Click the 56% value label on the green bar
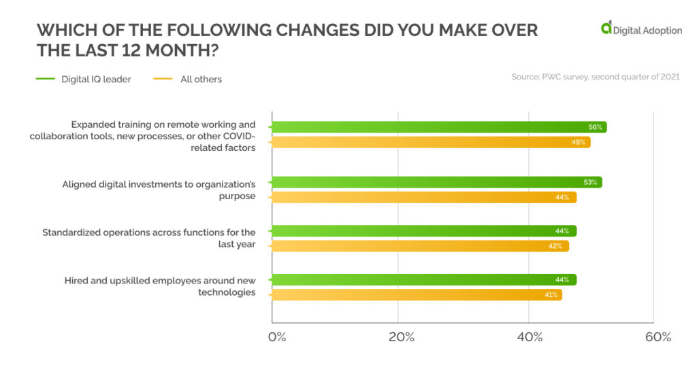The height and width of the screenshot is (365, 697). click(594, 127)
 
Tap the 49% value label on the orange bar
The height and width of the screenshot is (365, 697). click(579, 142)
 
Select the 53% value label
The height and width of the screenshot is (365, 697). click(590, 182)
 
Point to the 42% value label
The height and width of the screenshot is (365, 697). click(555, 246)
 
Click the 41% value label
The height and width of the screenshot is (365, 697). click(551, 295)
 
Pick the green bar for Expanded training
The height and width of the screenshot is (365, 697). click(436, 127)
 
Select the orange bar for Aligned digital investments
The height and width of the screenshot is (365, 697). click(422, 197)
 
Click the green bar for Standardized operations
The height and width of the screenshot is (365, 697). click(422, 231)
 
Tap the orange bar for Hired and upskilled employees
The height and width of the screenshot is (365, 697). click(415, 295)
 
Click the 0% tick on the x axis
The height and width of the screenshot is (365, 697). click(276, 338)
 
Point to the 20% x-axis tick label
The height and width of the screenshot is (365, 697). click(402, 338)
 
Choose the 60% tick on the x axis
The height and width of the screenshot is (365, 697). click(658, 338)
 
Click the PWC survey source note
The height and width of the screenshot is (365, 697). click(595, 77)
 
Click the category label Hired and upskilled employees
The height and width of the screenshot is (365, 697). click(160, 286)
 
